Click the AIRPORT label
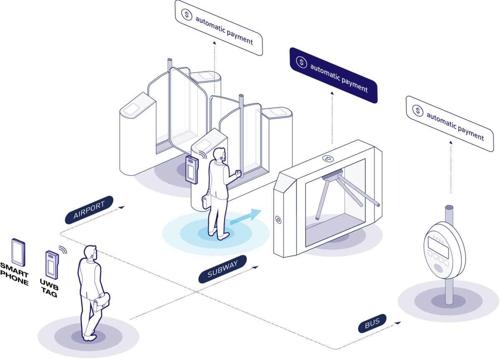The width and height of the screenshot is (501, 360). [x=89, y=210]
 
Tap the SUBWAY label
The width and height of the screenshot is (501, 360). [x=223, y=269]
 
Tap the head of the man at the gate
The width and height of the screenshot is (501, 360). [x=219, y=155]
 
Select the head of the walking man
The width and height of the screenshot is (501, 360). [x=90, y=253]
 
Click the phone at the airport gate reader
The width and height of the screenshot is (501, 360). [x=192, y=170]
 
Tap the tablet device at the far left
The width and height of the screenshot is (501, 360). [x=18, y=251]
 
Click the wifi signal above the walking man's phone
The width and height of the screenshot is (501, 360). [x=63, y=249]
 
